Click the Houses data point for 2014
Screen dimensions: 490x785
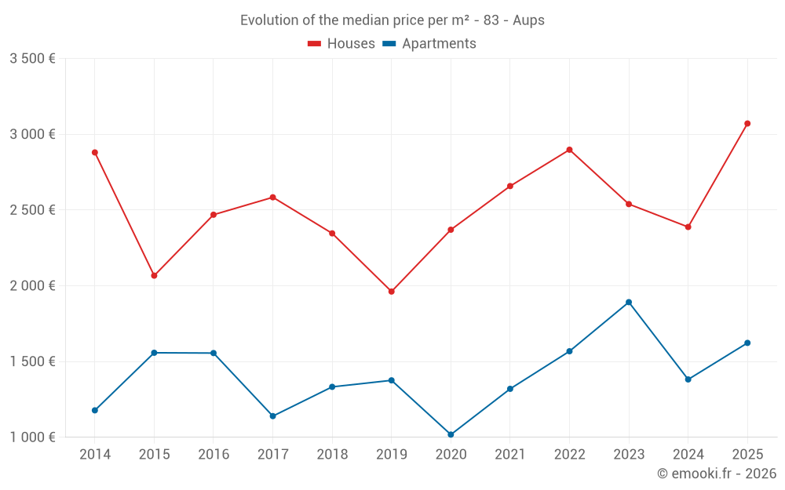95,152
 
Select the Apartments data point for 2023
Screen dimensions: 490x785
629,302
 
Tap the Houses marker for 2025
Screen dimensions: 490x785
747,123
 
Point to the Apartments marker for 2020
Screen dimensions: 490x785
451,434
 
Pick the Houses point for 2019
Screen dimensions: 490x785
392,292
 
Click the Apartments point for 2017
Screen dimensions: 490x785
272,416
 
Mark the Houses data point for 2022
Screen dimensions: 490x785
569,150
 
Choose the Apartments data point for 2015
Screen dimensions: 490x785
154,353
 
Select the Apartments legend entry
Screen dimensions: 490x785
429,44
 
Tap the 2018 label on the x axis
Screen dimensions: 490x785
332,454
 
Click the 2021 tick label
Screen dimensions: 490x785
510,454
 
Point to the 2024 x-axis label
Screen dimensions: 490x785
688,454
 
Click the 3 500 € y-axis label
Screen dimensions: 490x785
32,59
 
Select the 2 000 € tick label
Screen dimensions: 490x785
32,286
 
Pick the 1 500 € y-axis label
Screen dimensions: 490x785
32,361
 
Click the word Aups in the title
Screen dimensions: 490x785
528,20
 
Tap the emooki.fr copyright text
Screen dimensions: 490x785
717,474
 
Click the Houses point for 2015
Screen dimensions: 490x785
154,275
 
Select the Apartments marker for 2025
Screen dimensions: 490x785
747,343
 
